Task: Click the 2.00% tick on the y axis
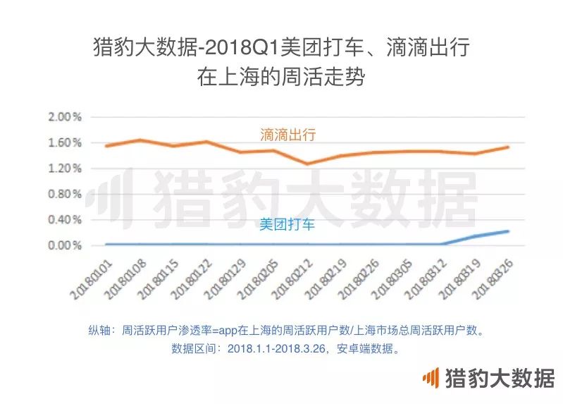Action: point(66,117)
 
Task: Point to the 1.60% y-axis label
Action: point(66,143)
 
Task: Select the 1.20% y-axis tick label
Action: point(66,169)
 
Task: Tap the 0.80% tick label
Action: point(66,195)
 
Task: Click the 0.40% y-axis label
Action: point(66,220)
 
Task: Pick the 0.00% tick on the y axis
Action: point(66,246)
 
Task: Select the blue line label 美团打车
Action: point(287,225)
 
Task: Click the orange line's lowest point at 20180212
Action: point(306,164)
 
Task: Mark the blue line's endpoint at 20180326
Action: point(507,231)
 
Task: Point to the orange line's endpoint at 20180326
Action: point(507,147)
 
